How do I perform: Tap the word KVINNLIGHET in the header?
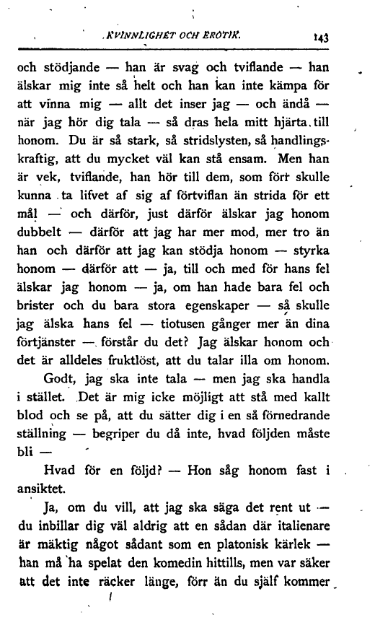(x=140, y=31)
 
